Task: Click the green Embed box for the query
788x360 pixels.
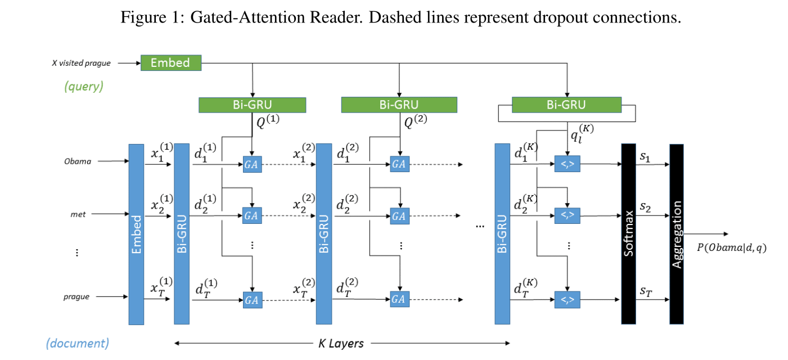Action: click(x=170, y=62)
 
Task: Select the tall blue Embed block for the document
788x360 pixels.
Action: click(x=136, y=234)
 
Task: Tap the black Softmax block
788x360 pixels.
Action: click(x=628, y=234)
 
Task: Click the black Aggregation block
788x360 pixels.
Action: click(x=677, y=234)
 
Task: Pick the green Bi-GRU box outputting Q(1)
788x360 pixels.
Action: click(x=252, y=105)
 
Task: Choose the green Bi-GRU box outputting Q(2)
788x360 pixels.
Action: click(x=399, y=105)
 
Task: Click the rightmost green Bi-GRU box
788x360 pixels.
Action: click(x=566, y=105)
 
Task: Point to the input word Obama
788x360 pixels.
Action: click(x=78, y=161)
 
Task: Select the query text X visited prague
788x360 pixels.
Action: click(x=81, y=63)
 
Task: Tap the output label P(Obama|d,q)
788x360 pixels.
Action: click(x=731, y=247)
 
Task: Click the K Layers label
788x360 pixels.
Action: click(x=337, y=343)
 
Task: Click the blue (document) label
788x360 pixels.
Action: click(x=78, y=343)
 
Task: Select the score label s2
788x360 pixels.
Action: click(x=645, y=208)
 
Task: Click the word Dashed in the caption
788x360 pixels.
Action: click(x=390, y=17)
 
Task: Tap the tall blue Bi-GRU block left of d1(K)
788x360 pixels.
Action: click(x=502, y=234)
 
